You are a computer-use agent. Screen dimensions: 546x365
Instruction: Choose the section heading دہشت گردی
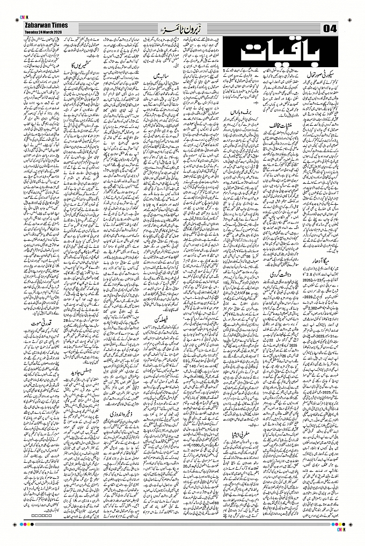coord(280,274)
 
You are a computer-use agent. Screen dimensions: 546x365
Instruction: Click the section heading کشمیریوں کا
coord(80,65)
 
